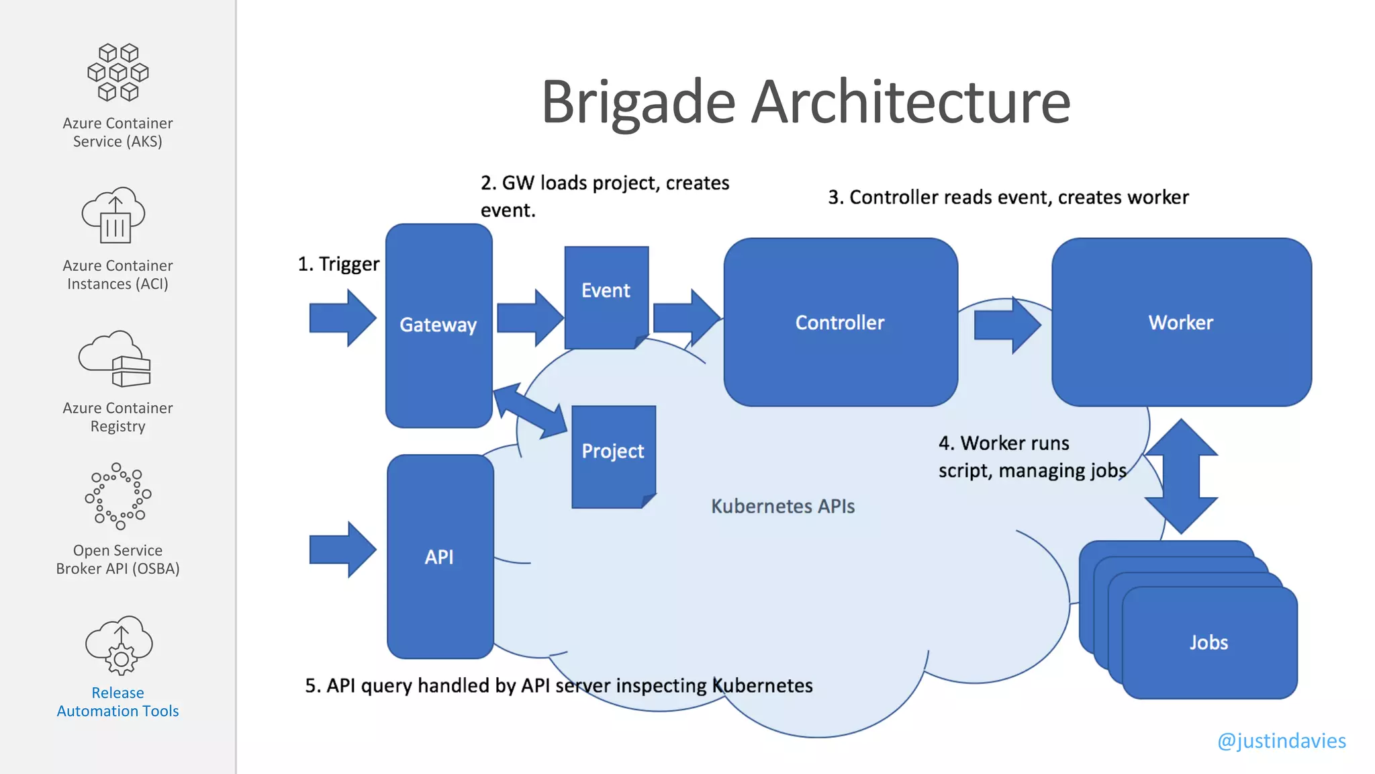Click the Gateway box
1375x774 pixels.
pos(438,325)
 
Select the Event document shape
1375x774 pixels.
pos(606,296)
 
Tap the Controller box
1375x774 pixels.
pos(840,322)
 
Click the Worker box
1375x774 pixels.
pos(1181,322)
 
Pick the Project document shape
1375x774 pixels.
pos(613,455)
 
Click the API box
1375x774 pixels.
pos(440,556)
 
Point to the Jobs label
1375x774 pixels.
pos(1208,642)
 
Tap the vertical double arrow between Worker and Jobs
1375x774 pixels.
pos(1181,476)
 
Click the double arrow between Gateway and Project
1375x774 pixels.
pos(530,411)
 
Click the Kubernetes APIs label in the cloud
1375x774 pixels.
pos(783,506)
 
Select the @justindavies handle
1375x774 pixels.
pos(1281,740)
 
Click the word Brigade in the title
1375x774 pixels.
pos(638,102)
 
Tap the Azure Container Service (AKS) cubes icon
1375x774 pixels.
pos(118,73)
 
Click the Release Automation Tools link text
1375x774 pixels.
pos(118,702)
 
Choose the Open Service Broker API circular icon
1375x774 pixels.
pos(118,496)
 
